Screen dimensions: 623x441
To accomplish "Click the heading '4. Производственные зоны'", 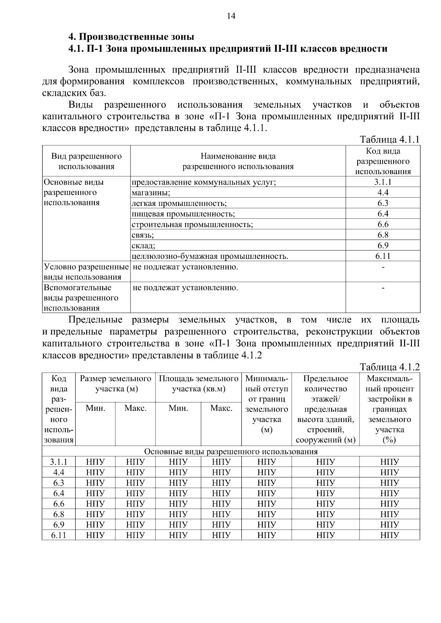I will [x=131, y=37].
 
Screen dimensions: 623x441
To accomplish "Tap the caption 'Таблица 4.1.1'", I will [x=390, y=140].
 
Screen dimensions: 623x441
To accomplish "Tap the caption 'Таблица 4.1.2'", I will [x=390, y=367].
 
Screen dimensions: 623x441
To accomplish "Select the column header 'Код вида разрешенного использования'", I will [x=383, y=161].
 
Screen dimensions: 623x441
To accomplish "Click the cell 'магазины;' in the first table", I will [x=151, y=193].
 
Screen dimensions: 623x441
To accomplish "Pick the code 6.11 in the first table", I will [x=383, y=256].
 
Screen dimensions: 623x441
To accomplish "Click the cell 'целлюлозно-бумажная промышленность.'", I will [x=210, y=256].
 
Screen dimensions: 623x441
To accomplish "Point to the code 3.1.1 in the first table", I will [x=383, y=182].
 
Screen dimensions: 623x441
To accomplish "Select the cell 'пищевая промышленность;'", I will [x=183, y=214].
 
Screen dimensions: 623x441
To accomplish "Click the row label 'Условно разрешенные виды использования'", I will [x=86, y=272].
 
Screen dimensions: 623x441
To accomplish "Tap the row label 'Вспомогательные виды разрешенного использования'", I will [x=81, y=298].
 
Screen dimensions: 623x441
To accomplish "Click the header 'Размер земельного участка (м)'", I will [x=115, y=384].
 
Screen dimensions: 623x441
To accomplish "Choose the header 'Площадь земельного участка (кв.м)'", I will [x=198, y=384].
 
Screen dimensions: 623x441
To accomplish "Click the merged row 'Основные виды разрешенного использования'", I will [x=231, y=451].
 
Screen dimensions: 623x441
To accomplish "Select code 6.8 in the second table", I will [x=59, y=514].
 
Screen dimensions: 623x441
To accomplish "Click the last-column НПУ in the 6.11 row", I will [x=390, y=535].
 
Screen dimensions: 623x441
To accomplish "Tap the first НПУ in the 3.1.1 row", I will [x=95, y=462].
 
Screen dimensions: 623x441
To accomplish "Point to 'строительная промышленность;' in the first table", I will [x=192, y=225].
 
